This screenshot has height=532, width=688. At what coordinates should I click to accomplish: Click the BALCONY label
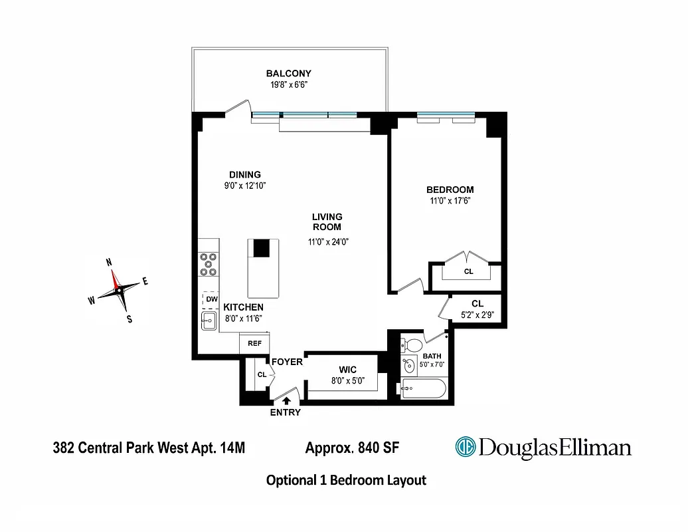pyautogui.click(x=288, y=73)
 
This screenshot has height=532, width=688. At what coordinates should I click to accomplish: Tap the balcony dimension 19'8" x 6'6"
pyautogui.click(x=288, y=85)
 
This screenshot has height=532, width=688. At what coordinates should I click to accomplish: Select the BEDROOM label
pyautogui.click(x=450, y=190)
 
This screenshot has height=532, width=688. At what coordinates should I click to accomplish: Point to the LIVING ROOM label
pyautogui.click(x=327, y=221)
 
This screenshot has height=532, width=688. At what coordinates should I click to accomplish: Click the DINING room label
pyautogui.click(x=245, y=175)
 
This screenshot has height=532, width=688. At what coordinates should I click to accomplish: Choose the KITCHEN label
pyautogui.click(x=243, y=307)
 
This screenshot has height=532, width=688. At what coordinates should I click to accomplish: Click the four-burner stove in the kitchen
pyautogui.click(x=209, y=264)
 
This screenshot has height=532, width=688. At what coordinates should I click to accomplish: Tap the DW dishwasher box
pyautogui.click(x=211, y=300)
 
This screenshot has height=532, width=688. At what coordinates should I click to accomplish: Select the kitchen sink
pyautogui.click(x=209, y=321)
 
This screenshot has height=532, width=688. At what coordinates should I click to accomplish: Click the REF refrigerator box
pyautogui.click(x=254, y=344)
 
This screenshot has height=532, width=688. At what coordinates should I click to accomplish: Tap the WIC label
pyautogui.click(x=347, y=370)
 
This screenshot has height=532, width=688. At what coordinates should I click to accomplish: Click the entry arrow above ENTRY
pyautogui.click(x=286, y=400)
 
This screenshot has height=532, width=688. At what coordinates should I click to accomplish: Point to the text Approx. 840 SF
pyautogui.click(x=352, y=448)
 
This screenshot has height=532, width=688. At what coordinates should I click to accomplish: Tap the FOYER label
pyautogui.click(x=287, y=362)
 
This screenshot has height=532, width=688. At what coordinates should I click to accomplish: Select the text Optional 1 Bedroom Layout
pyautogui.click(x=345, y=480)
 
